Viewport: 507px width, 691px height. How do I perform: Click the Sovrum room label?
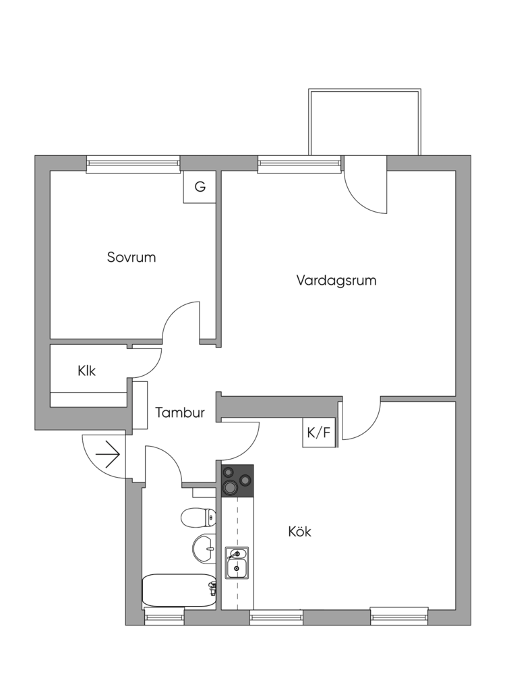(131, 257)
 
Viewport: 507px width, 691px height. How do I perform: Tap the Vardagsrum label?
(336, 280)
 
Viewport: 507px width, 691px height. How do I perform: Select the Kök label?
(300, 532)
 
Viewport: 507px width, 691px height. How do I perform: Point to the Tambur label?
(180, 413)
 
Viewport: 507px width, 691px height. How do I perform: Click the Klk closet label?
(87, 370)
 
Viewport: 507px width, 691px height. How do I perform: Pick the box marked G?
(200, 187)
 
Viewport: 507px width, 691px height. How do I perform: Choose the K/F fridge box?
(319, 433)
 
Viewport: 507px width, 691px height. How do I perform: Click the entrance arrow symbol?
(108, 455)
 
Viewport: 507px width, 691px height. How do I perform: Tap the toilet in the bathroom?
(198, 518)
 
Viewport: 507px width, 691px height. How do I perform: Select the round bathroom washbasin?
(203, 548)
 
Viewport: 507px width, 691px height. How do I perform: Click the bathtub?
(179, 590)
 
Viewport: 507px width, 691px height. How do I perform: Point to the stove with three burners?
(237, 480)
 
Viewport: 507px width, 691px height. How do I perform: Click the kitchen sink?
(237, 563)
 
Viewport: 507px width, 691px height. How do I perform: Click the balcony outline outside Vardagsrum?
(365, 121)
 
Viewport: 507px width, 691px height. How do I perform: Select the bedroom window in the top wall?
(133, 163)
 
